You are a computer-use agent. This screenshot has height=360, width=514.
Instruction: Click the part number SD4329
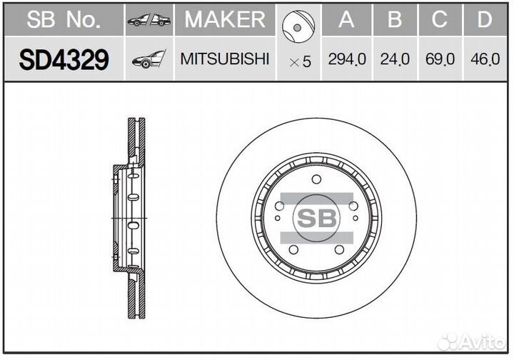tap(64, 60)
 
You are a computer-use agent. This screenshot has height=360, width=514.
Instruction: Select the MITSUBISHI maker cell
tap(225, 59)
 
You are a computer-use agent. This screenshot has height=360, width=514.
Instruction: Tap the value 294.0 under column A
tap(347, 60)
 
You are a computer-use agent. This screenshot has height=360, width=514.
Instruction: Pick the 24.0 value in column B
tap(395, 60)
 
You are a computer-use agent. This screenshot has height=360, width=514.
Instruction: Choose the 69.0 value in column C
tap(440, 60)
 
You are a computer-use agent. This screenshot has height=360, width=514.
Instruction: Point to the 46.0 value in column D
tap(485, 60)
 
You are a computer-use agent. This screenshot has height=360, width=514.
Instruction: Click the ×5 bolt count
tap(300, 61)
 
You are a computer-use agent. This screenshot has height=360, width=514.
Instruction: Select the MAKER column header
tap(225, 20)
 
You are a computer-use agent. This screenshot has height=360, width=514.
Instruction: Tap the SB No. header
tap(64, 20)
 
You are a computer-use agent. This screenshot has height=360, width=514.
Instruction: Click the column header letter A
tap(347, 20)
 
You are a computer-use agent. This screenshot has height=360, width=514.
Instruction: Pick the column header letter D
tap(485, 20)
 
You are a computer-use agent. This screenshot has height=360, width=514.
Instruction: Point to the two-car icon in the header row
tap(149, 21)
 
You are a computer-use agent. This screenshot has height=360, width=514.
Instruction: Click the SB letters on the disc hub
tap(316, 219)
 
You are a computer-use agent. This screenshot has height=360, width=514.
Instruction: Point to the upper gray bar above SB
tap(316, 199)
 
